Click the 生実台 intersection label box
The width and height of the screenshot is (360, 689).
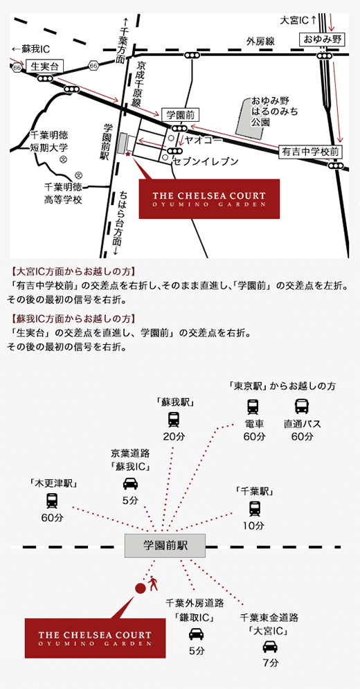(x=45, y=66)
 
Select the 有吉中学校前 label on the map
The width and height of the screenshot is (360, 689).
(x=310, y=152)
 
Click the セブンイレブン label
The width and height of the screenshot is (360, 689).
(x=206, y=162)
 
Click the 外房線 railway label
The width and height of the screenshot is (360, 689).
(x=260, y=42)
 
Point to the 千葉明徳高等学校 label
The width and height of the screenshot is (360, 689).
(x=63, y=194)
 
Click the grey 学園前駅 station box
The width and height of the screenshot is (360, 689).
(x=165, y=546)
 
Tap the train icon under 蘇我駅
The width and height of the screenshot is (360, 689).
(x=174, y=420)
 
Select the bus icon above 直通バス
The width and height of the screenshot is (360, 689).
(x=302, y=406)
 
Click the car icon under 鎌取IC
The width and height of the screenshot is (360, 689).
(x=196, y=634)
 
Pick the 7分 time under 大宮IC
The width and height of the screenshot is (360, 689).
(x=270, y=663)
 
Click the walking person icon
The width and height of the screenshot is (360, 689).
(x=153, y=583)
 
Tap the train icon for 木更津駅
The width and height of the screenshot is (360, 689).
(x=52, y=501)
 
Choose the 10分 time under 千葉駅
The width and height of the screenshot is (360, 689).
(x=255, y=525)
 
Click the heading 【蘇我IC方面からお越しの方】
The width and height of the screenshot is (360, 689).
(x=71, y=318)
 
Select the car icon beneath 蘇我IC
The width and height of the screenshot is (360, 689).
(x=130, y=484)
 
